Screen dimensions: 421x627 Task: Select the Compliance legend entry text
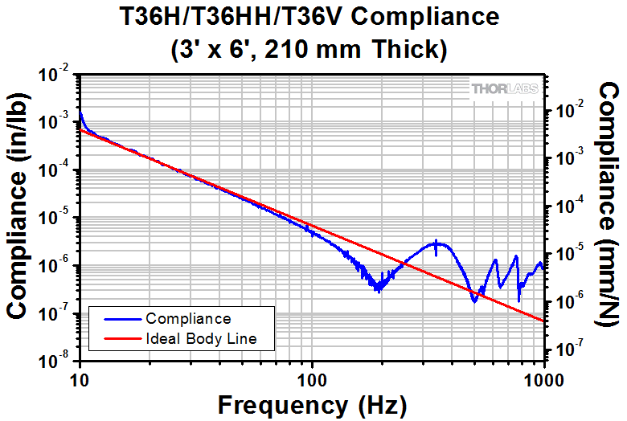(189, 319)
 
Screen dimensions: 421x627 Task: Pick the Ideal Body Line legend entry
(202, 338)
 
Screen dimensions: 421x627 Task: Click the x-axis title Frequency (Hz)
(313, 403)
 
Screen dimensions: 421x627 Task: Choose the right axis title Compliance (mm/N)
(609, 206)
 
